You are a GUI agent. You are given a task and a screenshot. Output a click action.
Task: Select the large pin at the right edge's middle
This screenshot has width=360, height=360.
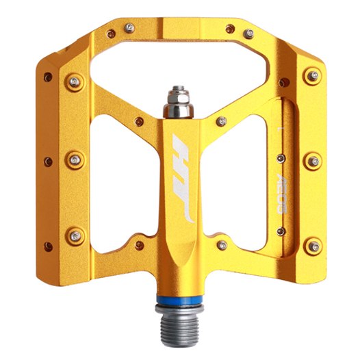[312, 161]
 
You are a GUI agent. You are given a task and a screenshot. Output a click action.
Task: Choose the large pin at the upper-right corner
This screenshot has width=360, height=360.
[312, 76]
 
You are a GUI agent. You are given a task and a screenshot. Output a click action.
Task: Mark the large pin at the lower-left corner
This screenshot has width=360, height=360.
[74, 237]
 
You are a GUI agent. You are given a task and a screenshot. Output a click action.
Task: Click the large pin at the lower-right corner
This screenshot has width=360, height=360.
[312, 244]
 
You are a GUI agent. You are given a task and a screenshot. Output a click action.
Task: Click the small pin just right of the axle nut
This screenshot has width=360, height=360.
[222, 122]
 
